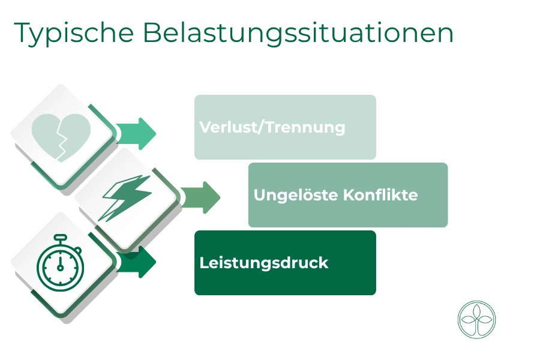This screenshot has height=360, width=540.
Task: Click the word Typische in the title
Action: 74,34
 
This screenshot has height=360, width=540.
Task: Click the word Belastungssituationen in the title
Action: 298,32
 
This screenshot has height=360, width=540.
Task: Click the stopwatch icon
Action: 60,263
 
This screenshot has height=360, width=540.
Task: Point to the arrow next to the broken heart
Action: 136,134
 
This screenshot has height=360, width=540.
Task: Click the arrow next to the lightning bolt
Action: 201,197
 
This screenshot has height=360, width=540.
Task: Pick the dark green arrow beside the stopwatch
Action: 137,262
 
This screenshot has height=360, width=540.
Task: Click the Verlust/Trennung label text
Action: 272,127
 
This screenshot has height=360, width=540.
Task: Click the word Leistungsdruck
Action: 264,263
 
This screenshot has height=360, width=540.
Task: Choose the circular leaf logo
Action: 476,320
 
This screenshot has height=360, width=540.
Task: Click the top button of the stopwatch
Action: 60,238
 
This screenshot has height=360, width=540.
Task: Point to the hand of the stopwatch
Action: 60,263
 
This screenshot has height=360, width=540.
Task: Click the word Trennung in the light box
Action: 305,127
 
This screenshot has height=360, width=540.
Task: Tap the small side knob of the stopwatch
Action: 78,250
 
